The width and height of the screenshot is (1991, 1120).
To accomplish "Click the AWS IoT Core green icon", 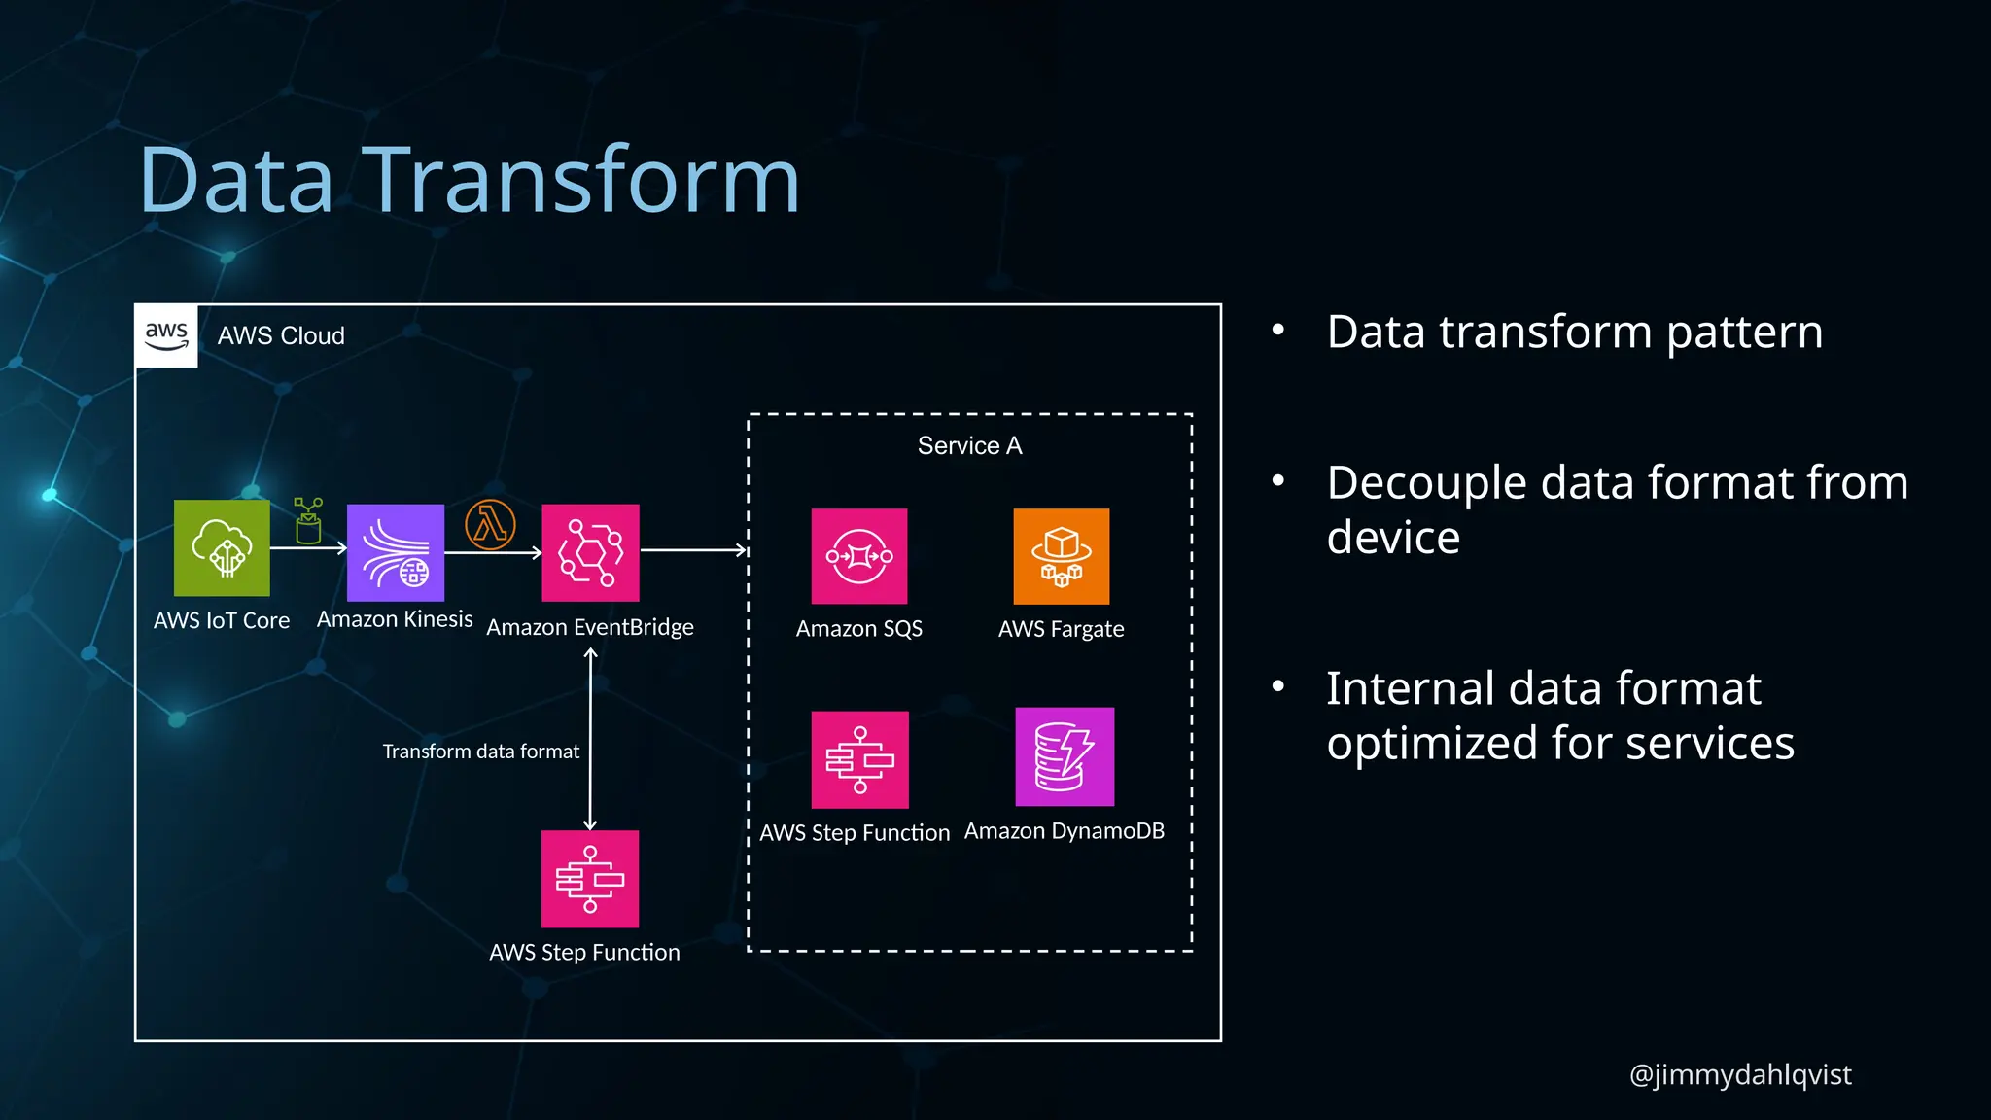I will click(x=222, y=547).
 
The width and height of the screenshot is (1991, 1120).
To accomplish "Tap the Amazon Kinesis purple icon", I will click(x=396, y=552).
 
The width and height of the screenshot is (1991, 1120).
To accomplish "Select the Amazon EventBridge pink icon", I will click(x=590, y=552).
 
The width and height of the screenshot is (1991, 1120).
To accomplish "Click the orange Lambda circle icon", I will click(x=490, y=525).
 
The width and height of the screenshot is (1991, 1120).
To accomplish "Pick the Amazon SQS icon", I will click(x=859, y=556).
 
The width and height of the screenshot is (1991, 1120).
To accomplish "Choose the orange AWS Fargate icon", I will click(x=1061, y=556).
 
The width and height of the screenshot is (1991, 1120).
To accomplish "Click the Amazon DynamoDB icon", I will click(x=1065, y=756).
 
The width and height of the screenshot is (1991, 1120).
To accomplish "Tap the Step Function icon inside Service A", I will click(x=859, y=759).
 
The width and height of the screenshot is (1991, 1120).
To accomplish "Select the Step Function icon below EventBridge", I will click(x=590, y=879).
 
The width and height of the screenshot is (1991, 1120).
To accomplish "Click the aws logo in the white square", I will click(x=166, y=335).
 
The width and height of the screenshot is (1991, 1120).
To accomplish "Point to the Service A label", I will click(x=969, y=445).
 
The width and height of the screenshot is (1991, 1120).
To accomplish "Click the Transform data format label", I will click(x=480, y=752).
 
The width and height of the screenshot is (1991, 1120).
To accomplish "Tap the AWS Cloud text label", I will click(x=281, y=335).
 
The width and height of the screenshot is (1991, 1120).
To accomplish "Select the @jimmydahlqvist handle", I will click(x=1739, y=1074).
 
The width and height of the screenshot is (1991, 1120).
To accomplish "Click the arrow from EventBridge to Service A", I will click(x=693, y=550).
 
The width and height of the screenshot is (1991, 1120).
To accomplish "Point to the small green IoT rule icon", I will click(x=308, y=521).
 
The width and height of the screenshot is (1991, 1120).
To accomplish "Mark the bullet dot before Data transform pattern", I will click(x=1278, y=331).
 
